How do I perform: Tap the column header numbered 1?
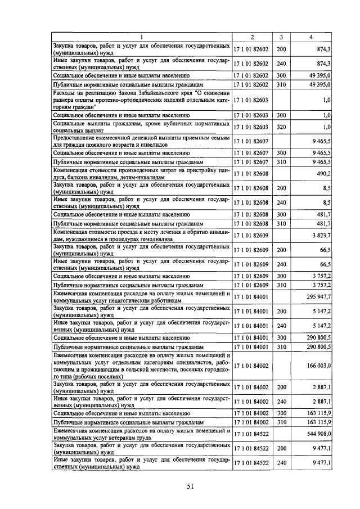(142, 37)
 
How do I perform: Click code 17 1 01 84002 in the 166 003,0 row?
(251, 366)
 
